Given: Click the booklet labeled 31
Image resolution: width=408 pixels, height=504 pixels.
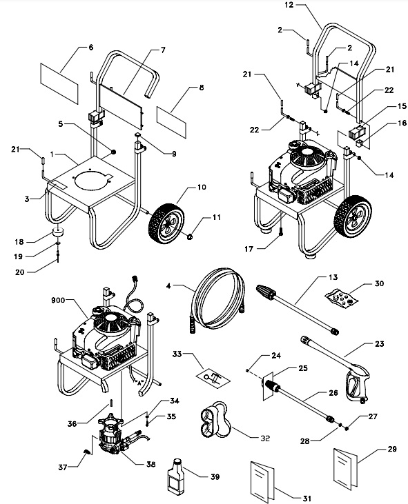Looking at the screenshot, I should tap(265, 477).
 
